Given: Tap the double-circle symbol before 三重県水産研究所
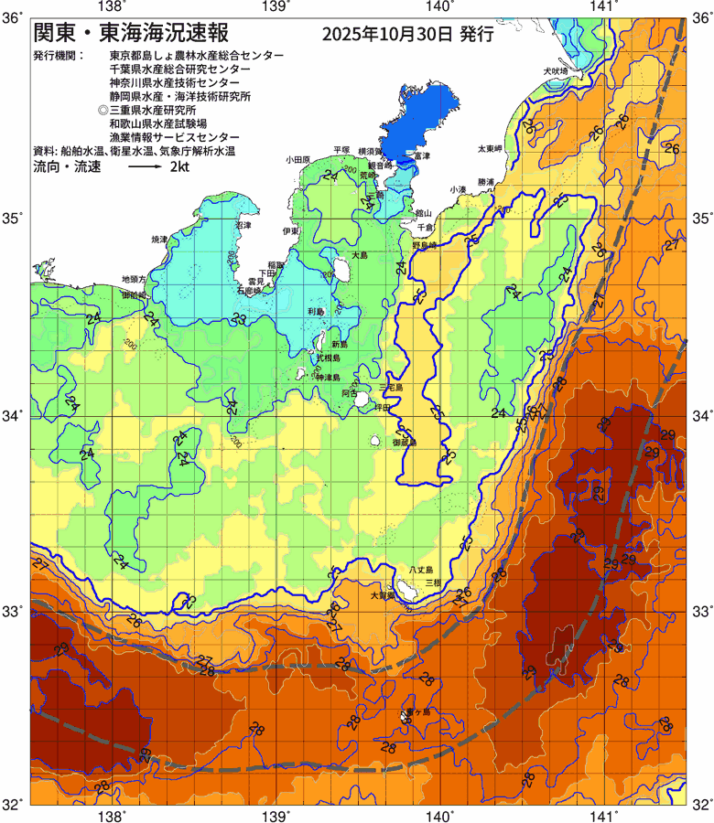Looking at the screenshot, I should (103, 109).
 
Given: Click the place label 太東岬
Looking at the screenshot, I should (490, 148).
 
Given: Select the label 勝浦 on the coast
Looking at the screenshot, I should (485, 182).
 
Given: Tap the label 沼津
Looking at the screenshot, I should (243, 224).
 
